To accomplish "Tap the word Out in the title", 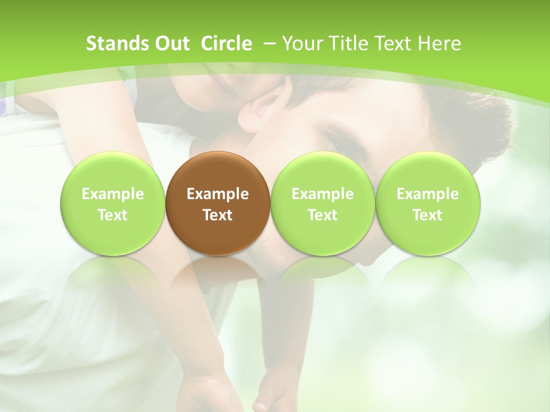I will coord(171,43).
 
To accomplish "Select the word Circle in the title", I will coord(226,43).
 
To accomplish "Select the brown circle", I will coord(218,204).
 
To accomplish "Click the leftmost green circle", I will coord(113,204).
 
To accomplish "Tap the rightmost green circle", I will coord(427,204).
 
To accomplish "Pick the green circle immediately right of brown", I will coord(323,204).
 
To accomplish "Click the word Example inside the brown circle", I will coord(218,194).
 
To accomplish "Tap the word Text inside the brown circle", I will coord(218,215).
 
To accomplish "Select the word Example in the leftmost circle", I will coord(113,194).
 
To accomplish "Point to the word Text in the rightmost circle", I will coord(427,215).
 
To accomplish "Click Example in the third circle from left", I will coord(323,194).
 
